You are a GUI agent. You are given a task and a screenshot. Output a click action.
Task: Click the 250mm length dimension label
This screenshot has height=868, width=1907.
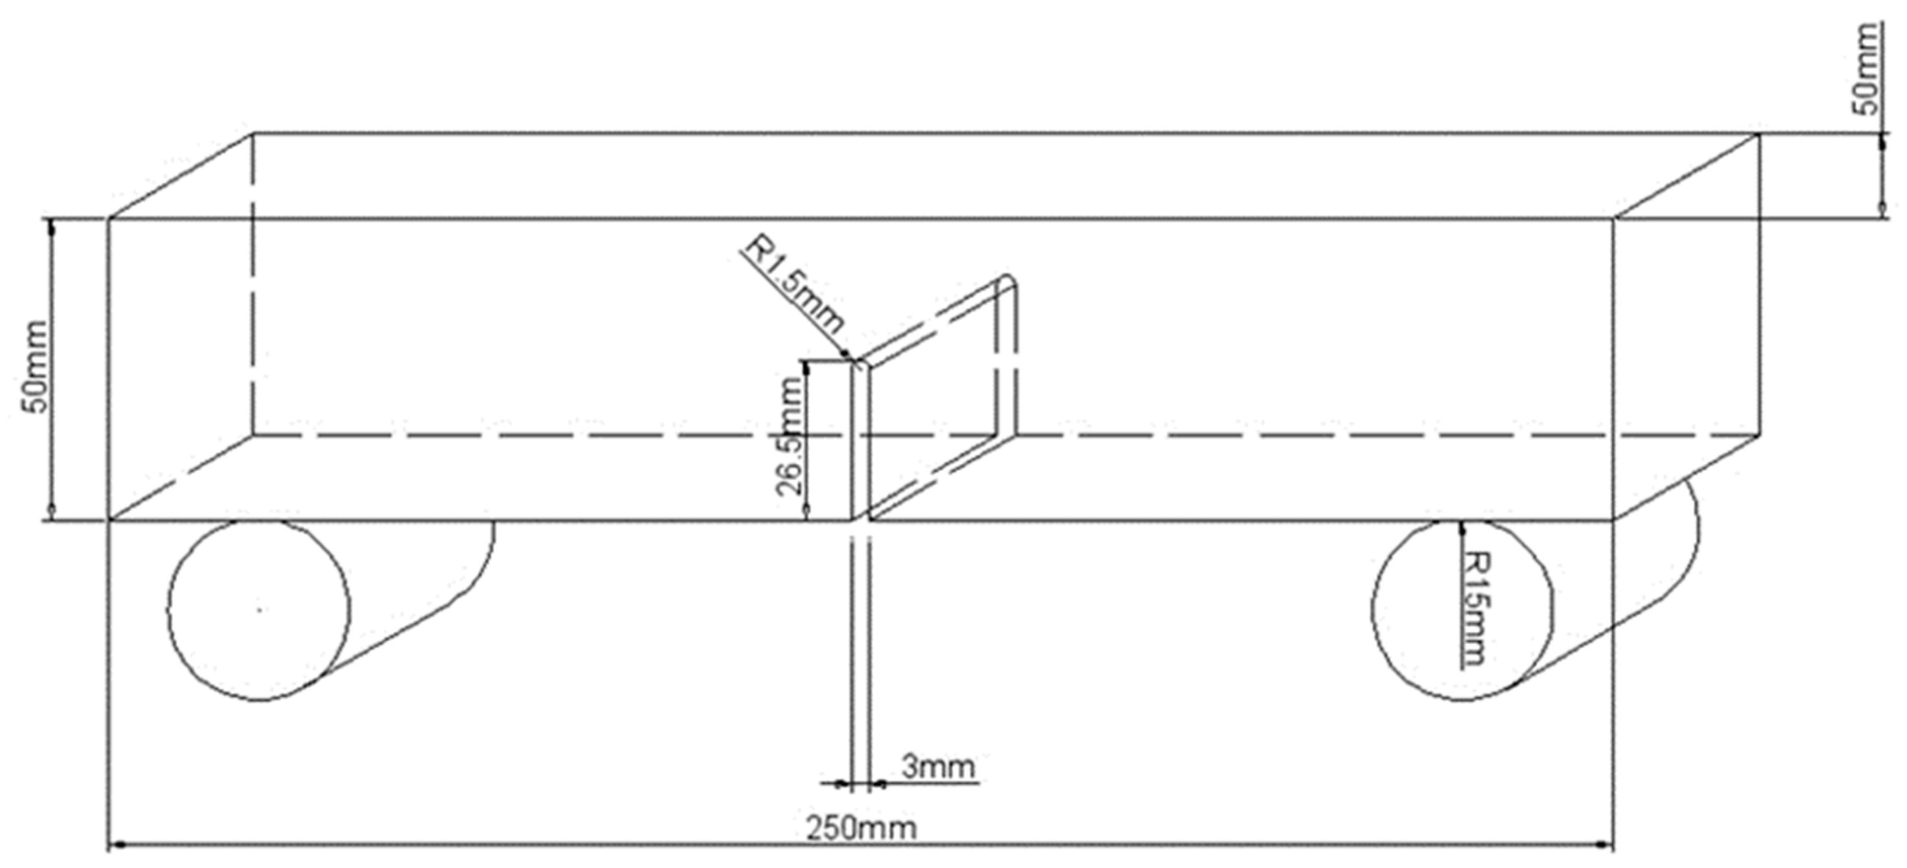tap(860, 828)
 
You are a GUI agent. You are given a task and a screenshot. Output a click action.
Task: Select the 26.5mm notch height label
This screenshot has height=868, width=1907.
tap(790, 436)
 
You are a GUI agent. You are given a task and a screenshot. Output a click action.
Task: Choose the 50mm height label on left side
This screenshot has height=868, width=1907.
tap(36, 367)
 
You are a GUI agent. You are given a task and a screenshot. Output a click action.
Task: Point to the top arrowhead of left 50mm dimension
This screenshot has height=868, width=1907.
tap(51, 225)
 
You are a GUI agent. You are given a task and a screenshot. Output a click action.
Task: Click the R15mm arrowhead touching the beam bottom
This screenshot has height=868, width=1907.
tap(1462, 526)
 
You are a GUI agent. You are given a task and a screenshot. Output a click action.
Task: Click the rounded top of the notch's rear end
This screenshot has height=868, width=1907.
tap(1009, 281)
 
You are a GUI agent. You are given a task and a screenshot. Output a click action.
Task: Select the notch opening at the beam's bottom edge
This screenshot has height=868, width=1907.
tap(860, 520)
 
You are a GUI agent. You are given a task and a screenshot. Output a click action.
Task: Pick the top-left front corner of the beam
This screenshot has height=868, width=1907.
tap(110, 218)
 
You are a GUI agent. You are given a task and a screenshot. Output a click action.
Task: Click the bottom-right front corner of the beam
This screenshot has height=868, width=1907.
tap(1614, 521)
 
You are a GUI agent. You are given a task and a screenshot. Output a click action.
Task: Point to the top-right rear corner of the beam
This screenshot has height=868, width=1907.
tap(1759, 133)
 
